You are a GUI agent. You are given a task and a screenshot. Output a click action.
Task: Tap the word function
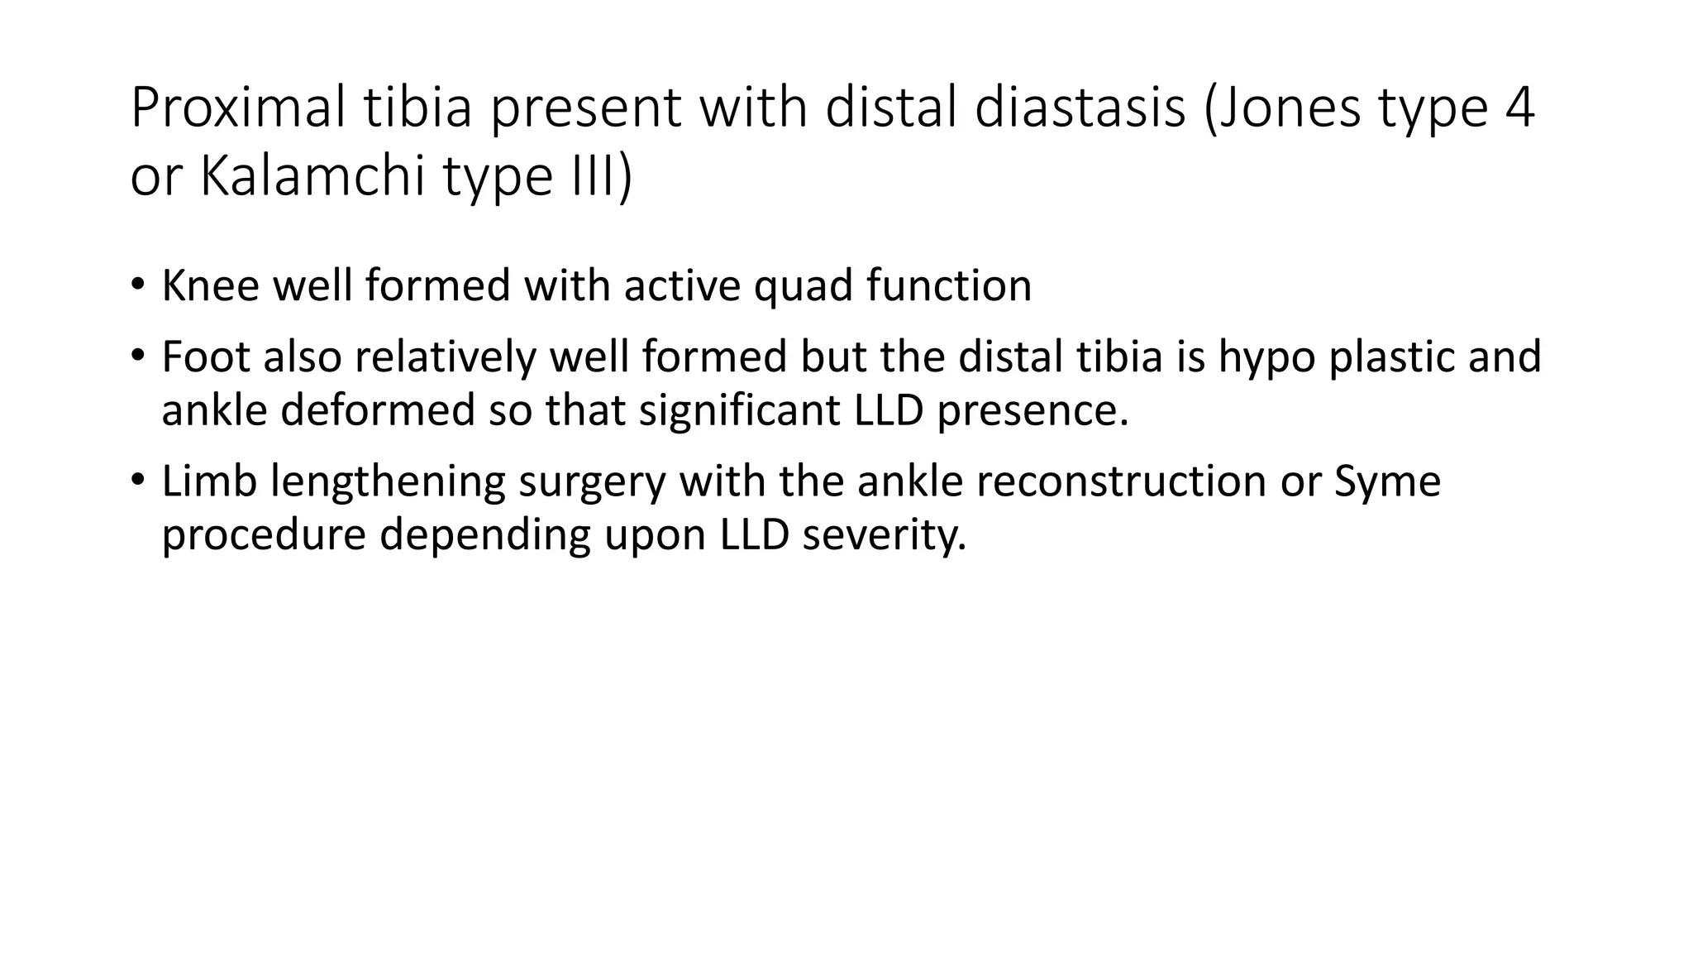[x=949, y=286]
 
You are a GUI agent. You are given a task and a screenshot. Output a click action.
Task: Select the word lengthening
[x=388, y=483]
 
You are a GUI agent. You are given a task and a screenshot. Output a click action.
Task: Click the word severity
[x=884, y=536]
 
